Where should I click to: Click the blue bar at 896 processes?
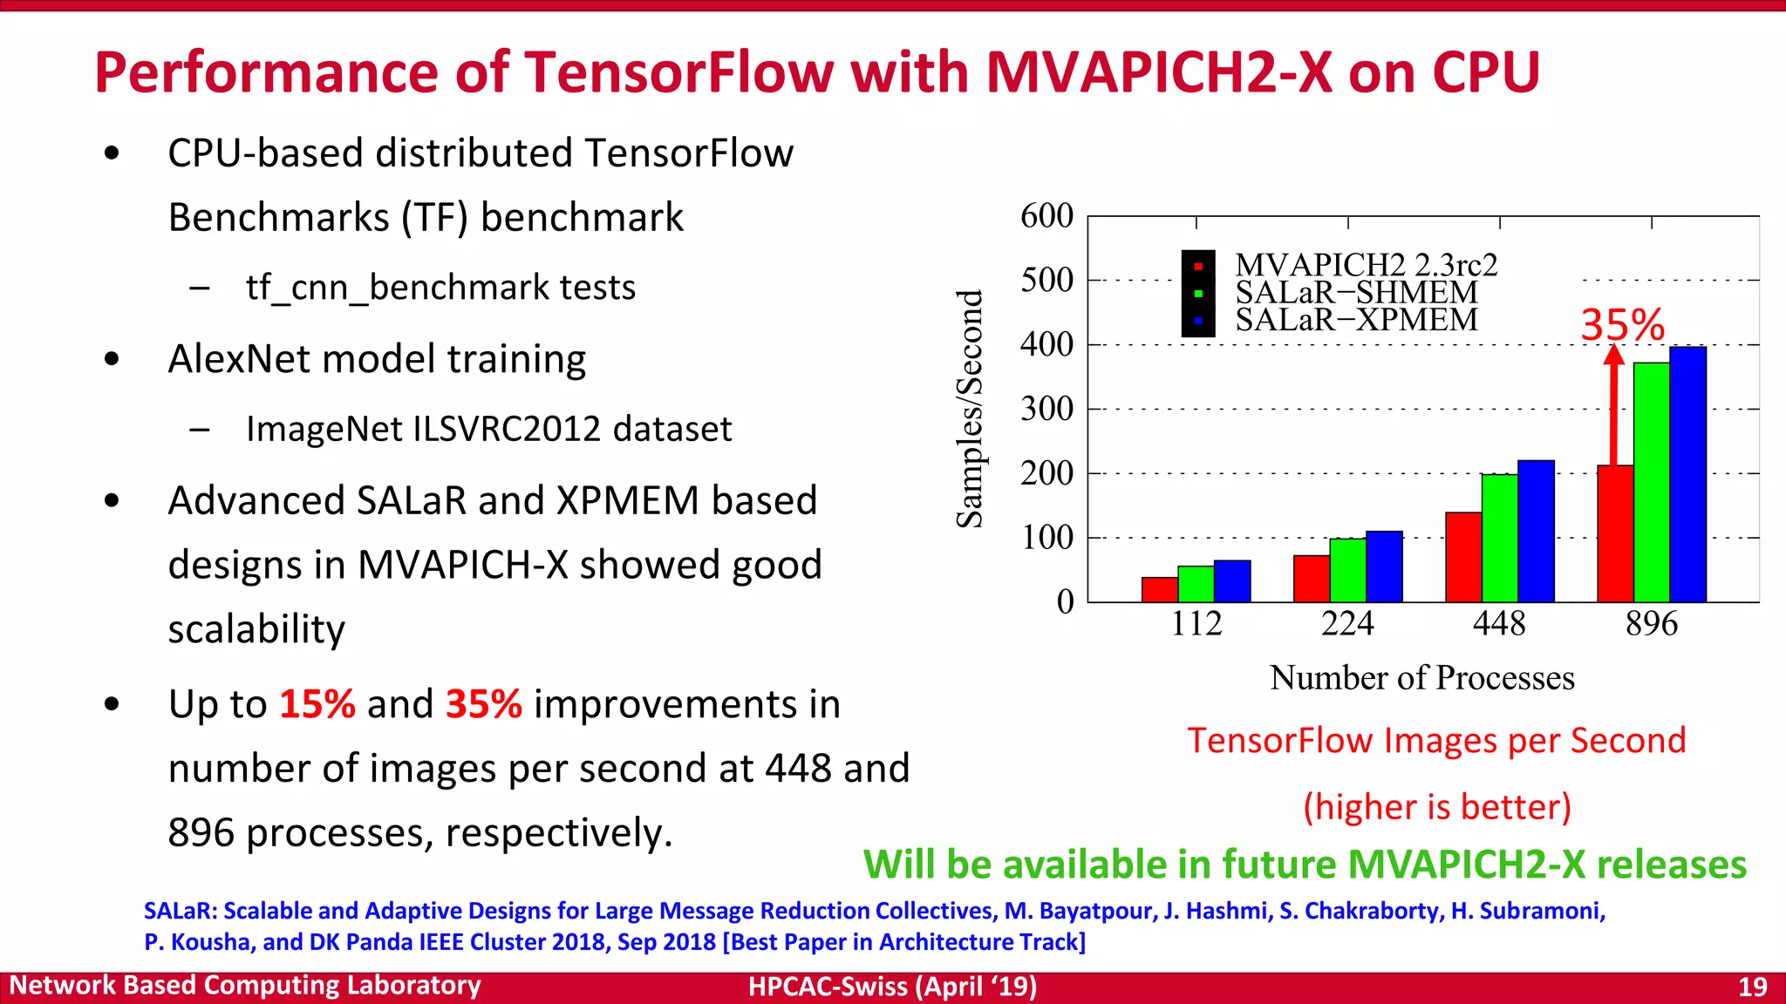pos(1687,475)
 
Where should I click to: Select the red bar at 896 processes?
pos(1614,533)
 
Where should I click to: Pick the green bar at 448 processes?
pos(1499,538)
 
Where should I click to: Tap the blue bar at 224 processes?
pos(1384,566)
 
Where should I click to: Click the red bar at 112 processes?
pos(1159,590)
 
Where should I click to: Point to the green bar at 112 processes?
pos(1196,584)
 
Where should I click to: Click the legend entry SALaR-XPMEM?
pos(1356,320)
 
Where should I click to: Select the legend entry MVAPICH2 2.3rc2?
pos(1366,264)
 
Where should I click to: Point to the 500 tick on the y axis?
pos(1046,281)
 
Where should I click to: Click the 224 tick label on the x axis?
pos(1347,624)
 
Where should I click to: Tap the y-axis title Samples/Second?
pos(970,409)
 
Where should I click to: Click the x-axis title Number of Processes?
pos(1421,678)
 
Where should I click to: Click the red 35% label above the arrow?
pos(1622,325)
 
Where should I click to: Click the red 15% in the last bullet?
pos(317,704)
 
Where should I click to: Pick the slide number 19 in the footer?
pos(1752,987)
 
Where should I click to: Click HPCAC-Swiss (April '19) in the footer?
pos(892,987)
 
